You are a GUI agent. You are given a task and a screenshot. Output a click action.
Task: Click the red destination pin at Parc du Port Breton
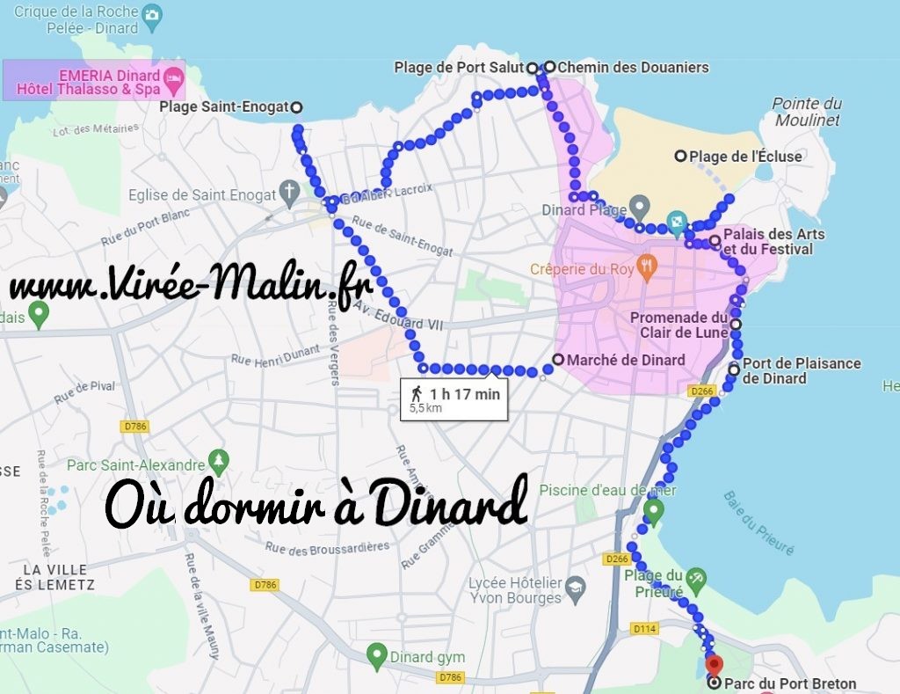714,664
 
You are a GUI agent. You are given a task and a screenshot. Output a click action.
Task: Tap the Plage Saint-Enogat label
224,107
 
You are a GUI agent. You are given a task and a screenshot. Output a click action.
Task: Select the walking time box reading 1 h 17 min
454,400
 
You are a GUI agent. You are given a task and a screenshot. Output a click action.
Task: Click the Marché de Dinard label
626,360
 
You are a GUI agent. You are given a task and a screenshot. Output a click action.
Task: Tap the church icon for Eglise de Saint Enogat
289,194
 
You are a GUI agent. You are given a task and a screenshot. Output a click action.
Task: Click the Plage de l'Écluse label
745,157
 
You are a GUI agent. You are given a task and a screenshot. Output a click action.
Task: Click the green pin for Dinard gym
377,654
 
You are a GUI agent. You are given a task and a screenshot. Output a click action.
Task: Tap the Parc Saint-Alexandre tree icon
219,461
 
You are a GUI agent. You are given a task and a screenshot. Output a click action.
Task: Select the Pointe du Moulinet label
806,112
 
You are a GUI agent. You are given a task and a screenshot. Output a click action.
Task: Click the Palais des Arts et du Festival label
773,242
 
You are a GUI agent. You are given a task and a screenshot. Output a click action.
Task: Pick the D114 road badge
645,628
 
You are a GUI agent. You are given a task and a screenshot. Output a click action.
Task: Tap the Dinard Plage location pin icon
640,208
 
